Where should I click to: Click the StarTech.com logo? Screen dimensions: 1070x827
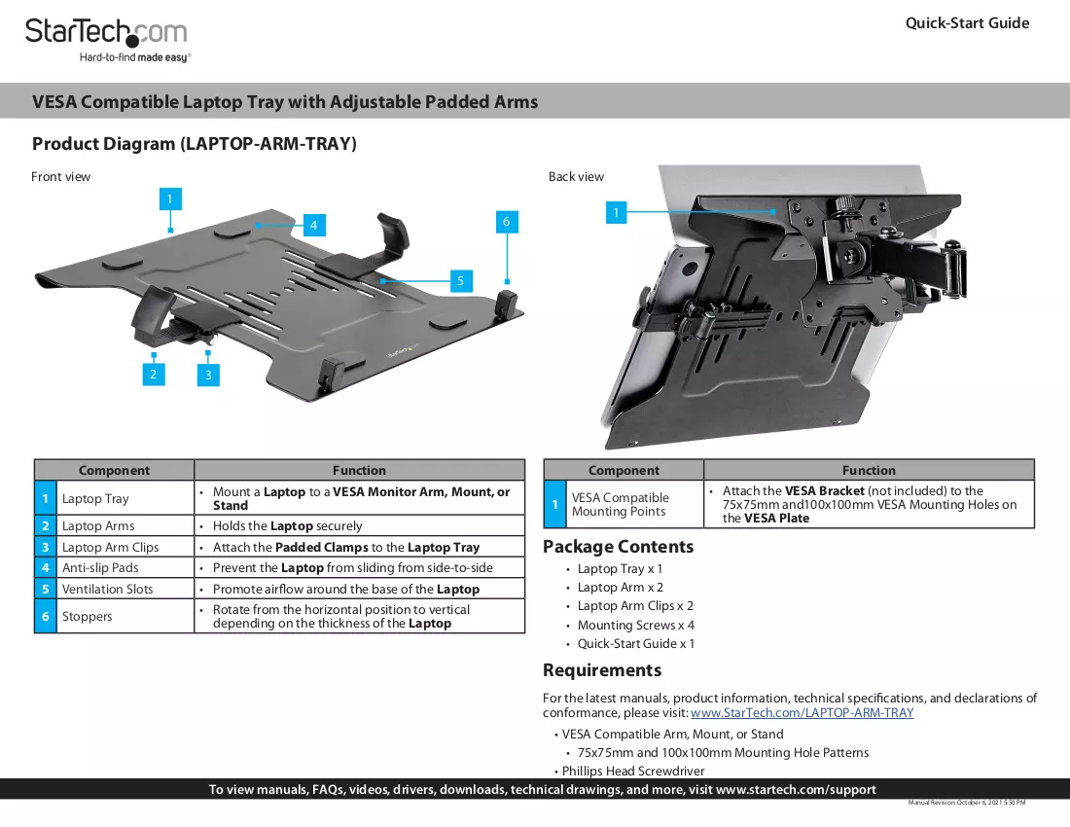(x=106, y=40)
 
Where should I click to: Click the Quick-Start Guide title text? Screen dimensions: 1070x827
(x=967, y=23)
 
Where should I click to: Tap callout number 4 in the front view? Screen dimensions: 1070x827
(x=313, y=225)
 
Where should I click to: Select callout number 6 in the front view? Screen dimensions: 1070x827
(x=507, y=221)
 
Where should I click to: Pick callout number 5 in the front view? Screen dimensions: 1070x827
(x=461, y=280)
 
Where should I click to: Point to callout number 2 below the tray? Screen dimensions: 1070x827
(x=153, y=374)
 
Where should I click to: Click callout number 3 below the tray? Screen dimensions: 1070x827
(x=208, y=375)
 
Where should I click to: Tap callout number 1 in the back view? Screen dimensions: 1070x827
(x=616, y=212)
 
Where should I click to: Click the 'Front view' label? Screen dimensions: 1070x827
(x=60, y=177)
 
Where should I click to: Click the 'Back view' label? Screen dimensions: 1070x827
(x=576, y=177)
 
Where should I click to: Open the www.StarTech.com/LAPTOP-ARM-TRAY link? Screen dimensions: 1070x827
(x=802, y=713)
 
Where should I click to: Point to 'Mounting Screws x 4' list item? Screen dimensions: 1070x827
(x=636, y=625)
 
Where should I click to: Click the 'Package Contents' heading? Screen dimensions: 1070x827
(x=619, y=547)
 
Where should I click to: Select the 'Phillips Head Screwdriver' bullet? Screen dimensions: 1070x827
(x=633, y=771)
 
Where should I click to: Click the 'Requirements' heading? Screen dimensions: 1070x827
(x=602, y=670)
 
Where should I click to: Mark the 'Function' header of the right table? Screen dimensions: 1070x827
(x=869, y=470)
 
